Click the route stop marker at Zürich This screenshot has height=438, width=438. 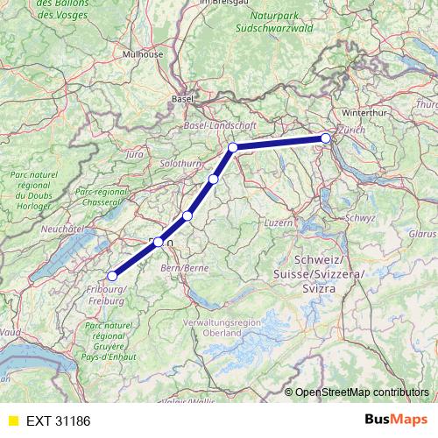[325, 138]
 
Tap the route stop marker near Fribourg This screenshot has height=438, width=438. [111, 277]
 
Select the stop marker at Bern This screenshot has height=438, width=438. [158, 243]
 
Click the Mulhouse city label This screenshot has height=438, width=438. [145, 53]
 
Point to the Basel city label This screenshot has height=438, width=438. [182, 99]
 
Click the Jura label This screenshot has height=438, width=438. [134, 154]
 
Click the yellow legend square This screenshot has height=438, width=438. [12, 420]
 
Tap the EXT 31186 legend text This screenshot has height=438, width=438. [58, 420]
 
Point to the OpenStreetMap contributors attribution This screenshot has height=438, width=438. [362, 392]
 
